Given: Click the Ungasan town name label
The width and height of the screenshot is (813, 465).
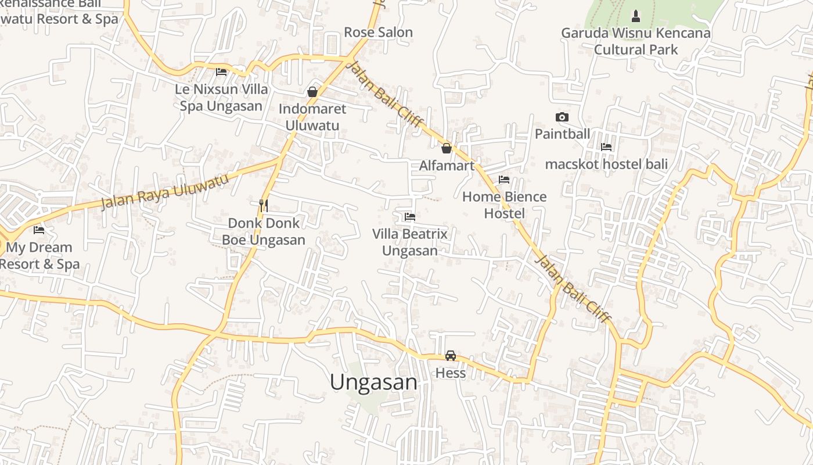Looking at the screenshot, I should [373, 382].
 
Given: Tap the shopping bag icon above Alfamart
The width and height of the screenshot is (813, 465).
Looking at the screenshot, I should [447, 148].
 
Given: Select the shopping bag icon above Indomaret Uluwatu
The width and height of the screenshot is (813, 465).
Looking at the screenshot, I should [312, 92].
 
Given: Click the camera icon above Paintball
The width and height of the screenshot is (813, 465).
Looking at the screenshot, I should [562, 117].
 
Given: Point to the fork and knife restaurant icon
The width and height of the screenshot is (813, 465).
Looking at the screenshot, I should [264, 205].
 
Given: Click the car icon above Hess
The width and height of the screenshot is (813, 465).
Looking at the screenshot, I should [451, 355].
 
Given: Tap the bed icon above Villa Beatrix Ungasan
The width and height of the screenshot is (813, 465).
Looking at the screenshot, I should [410, 217].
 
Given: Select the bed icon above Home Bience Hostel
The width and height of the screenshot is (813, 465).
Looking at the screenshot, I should [504, 180].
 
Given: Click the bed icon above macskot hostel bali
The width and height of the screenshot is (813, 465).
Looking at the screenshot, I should [606, 146].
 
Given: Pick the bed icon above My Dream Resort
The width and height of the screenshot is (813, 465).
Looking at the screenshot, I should [39, 230].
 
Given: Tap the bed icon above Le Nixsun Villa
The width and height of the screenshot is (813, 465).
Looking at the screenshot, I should [221, 72].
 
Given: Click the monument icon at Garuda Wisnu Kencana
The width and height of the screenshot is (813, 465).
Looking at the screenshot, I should [636, 15].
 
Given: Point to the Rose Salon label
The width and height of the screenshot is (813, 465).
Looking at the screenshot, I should [378, 33].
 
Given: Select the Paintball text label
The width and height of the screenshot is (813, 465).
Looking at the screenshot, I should [562, 134].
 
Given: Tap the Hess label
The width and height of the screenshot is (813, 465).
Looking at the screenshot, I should [451, 373].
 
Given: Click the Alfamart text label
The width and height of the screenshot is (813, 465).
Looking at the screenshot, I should [447, 166].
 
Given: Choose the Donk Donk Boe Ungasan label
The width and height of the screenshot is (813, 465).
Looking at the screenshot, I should [264, 231].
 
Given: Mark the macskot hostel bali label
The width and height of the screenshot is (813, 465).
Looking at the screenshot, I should [606, 164].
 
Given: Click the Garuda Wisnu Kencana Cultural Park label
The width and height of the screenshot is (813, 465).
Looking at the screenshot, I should [636, 41].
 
